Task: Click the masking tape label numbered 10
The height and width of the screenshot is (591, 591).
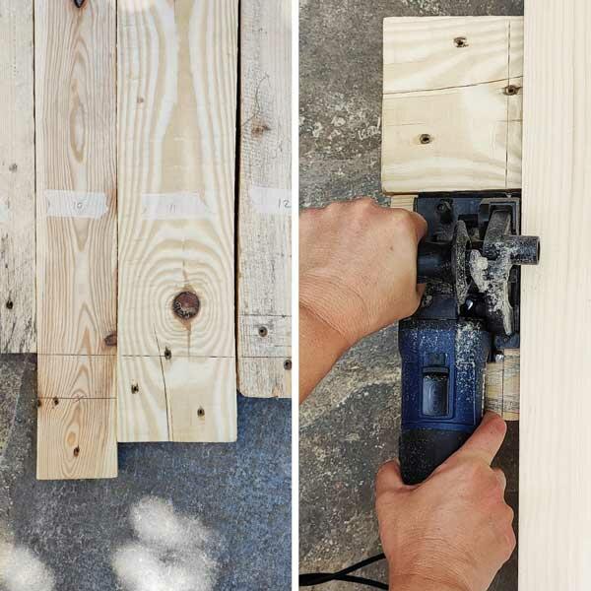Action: (x=76, y=204)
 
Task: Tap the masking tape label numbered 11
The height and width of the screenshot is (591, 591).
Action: (x=174, y=206)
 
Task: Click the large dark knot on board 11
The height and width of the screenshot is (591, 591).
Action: (x=185, y=304)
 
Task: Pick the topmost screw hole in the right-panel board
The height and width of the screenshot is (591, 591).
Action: (x=460, y=42)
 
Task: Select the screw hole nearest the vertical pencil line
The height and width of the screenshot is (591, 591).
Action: (x=510, y=90)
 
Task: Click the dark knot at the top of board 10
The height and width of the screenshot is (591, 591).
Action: (x=79, y=4)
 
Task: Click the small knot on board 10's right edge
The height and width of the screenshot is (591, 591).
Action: (x=110, y=339)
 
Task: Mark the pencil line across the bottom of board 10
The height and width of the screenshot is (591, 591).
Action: (x=76, y=398)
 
